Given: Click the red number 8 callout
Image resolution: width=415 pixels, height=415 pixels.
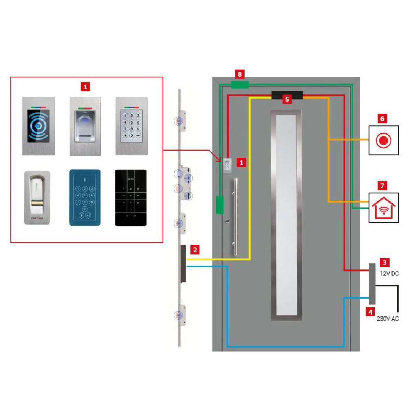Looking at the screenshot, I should click(239, 74).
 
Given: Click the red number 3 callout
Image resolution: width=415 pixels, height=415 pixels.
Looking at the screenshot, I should click(385, 263).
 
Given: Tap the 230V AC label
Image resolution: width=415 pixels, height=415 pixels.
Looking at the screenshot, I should click(388, 319).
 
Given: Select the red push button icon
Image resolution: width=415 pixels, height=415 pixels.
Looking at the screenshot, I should click(384, 140).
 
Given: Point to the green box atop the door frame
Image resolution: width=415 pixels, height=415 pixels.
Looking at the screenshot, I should click(239, 85).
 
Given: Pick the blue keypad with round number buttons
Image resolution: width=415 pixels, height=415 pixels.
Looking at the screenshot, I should click(85, 197).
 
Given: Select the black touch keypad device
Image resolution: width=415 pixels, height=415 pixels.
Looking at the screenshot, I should click(131, 198).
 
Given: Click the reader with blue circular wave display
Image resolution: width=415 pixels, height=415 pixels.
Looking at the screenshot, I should click(39, 126).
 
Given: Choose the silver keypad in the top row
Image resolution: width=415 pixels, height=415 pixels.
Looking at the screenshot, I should click(131, 126).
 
